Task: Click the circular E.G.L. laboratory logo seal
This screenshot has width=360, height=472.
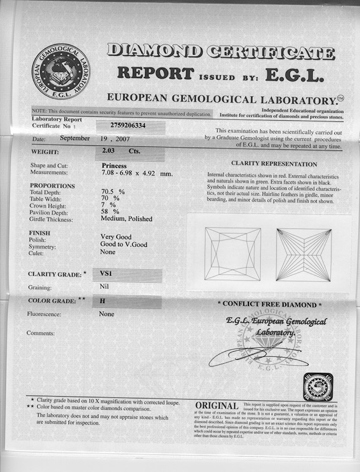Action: point(60,71)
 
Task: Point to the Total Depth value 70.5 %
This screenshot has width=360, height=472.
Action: point(113,192)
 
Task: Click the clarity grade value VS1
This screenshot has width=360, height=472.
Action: point(106,274)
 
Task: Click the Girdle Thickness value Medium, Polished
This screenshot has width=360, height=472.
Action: point(126,218)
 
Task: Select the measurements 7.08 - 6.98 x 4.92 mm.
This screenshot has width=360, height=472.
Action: point(136,173)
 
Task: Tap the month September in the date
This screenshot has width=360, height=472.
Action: point(75,138)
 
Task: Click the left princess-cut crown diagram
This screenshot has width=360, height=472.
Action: point(232,254)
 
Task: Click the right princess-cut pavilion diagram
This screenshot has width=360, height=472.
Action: point(304,254)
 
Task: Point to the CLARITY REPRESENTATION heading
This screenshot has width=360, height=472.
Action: point(274,164)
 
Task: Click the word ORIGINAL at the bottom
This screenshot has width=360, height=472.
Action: point(216,405)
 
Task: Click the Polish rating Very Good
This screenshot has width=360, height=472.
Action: point(116,237)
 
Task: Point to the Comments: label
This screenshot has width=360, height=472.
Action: point(40,332)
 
